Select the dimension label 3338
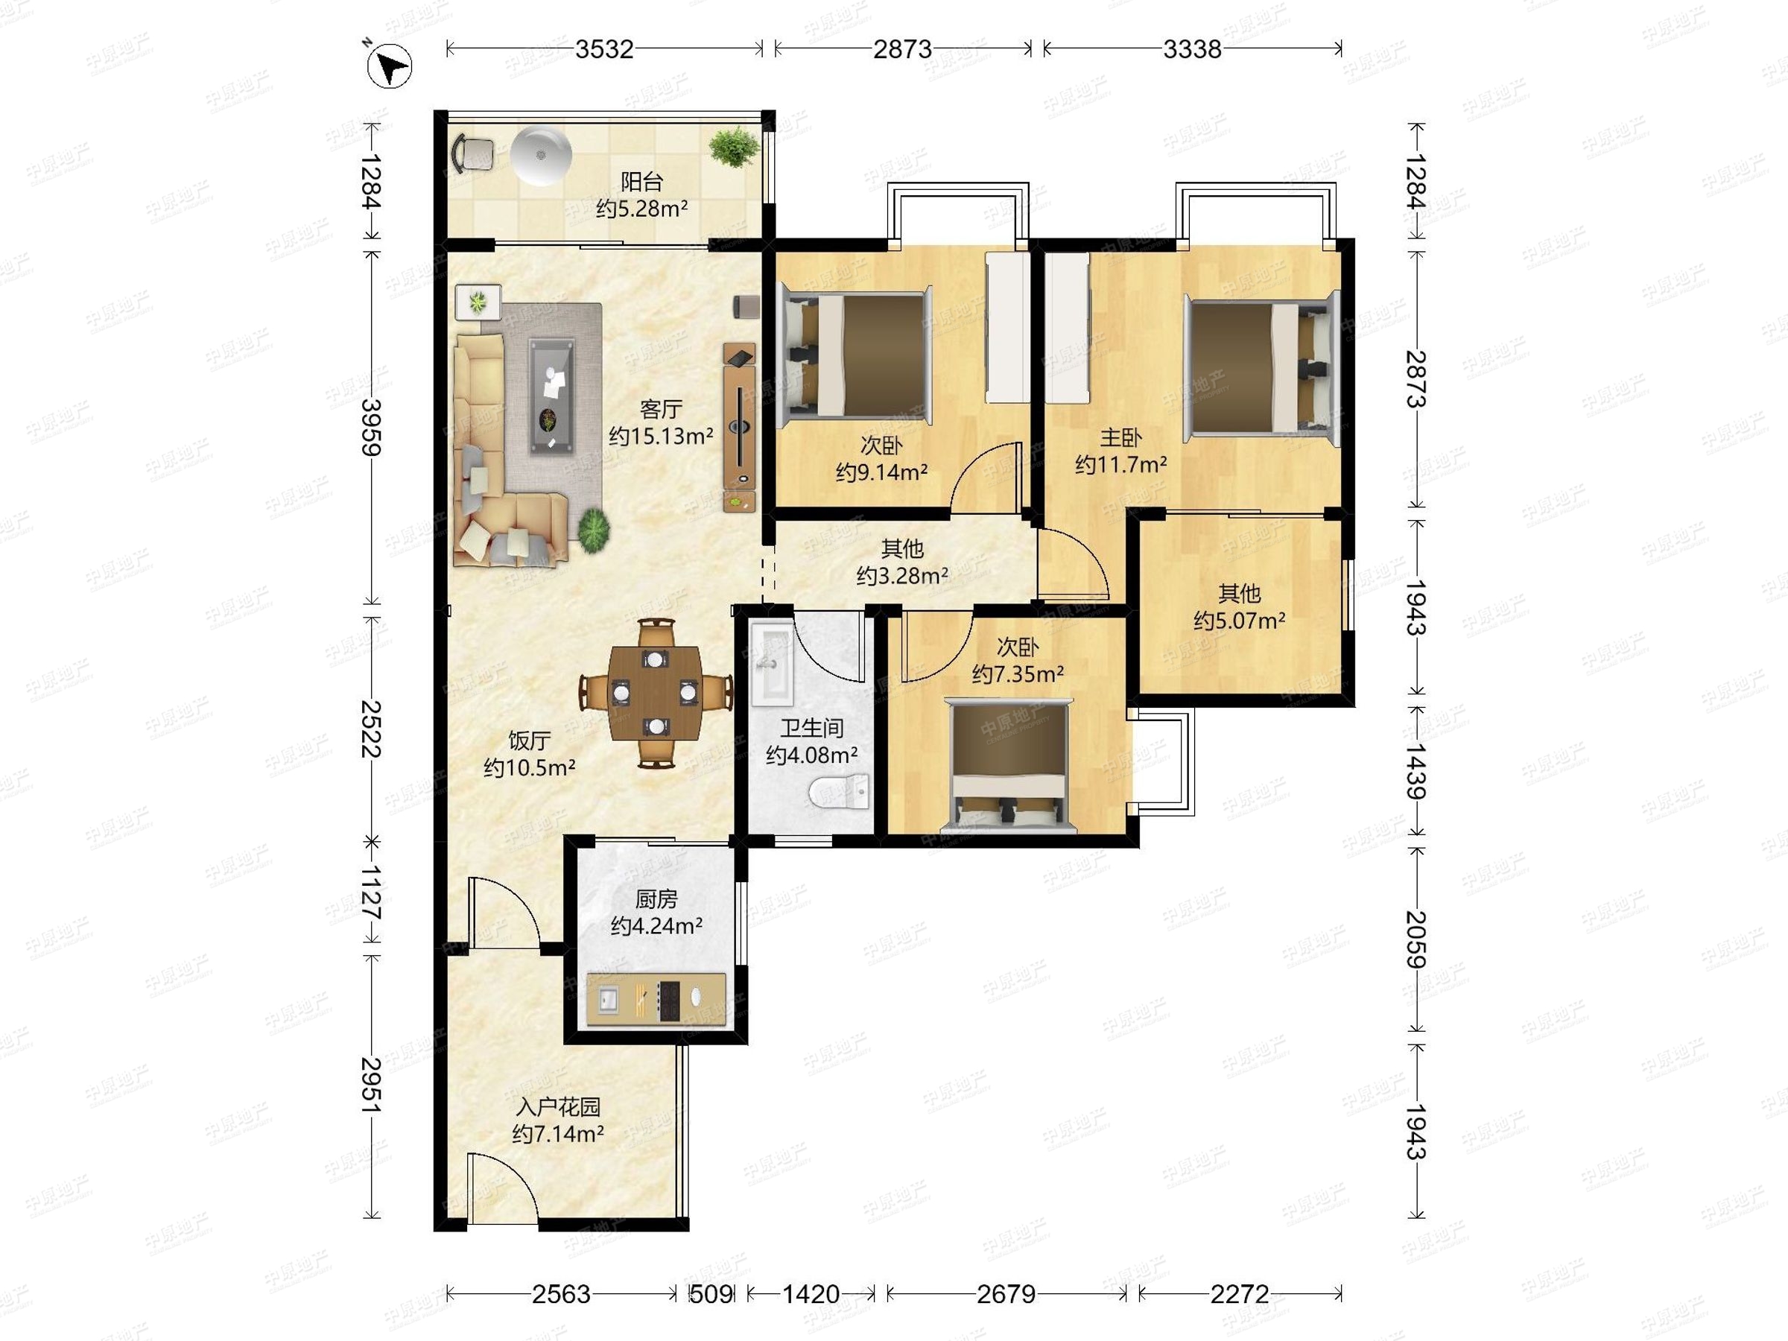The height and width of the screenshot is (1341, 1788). tap(1192, 49)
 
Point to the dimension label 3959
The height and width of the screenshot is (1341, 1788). tap(371, 428)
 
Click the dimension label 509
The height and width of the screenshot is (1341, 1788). tap(711, 1294)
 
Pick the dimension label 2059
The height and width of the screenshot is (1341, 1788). tap(1415, 940)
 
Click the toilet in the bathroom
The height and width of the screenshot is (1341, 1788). tap(839, 791)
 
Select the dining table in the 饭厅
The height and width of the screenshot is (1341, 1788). tap(656, 693)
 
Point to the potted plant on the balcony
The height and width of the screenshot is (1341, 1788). tap(734, 149)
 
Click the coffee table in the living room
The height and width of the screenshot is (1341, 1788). tap(553, 396)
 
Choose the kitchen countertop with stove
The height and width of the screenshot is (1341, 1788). tap(656, 999)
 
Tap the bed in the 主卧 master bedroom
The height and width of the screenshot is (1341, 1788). tap(1261, 368)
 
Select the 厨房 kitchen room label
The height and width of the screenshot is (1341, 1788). tap(656, 899)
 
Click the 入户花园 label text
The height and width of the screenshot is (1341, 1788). tap(558, 1106)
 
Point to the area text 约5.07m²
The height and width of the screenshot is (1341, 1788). tap(1239, 621)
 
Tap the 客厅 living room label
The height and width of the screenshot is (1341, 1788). tap(660, 409)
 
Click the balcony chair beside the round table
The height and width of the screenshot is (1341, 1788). tap(474, 153)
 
